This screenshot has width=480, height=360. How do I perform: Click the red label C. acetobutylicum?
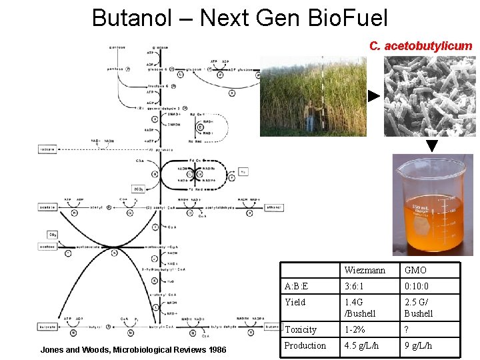(x=421, y=46)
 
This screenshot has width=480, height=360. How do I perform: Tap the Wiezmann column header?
(x=367, y=271)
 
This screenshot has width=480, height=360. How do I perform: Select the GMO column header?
(x=415, y=271)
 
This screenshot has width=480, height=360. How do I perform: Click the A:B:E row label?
(x=296, y=287)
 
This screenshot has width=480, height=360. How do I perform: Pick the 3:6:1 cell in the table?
(x=356, y=287)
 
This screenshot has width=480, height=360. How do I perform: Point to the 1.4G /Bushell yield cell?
(x=360, y=307)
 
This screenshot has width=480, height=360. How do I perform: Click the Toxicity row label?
(x=301, y=329)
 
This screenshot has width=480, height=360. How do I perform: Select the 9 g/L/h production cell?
(x=418, y=345)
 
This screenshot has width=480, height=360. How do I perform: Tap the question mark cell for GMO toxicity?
(x=407, y=329)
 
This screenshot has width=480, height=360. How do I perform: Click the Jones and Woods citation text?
(x=133, y=350)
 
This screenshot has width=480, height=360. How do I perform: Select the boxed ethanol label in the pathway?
(x=273, y=207)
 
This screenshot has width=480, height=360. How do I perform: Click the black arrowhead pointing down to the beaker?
(x=432, y=145)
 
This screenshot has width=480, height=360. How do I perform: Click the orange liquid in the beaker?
(x=433, y=233)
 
